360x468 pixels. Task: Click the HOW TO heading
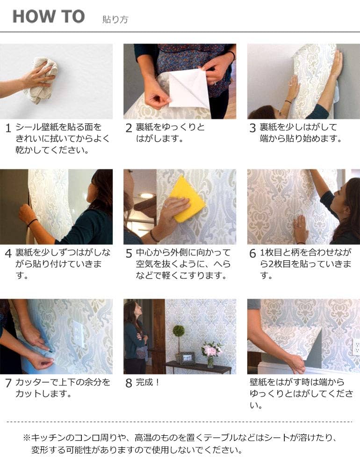(48, 17)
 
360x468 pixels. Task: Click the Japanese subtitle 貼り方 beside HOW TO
(115, 20)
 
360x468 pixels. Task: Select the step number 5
(129, 254)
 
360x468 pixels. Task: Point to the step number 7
(8, 383)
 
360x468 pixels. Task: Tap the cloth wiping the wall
(41, 80)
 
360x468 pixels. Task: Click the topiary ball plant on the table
(179, 331)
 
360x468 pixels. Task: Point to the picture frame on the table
(187, 358)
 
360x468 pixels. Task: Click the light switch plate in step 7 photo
(78, 334)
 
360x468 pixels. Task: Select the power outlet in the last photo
(356, 347)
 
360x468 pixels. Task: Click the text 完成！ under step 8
(148, 382)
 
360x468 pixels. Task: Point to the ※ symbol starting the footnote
(26, 438)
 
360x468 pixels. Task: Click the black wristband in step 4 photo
(32, 222)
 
